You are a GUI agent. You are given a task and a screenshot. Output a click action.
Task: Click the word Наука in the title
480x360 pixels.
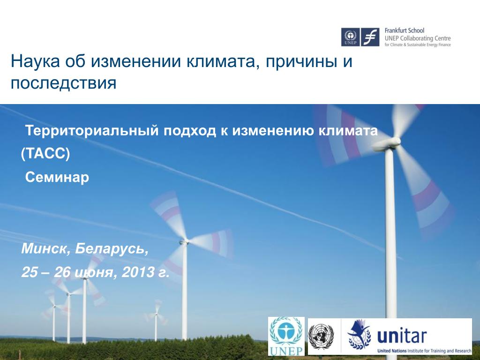pos(35,61)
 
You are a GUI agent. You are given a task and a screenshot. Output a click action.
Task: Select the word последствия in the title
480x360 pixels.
pos(64,83)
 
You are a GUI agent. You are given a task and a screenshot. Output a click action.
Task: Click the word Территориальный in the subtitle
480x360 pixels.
pos(92,131)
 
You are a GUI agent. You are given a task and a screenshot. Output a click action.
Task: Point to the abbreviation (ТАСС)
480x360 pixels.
pos(45,154)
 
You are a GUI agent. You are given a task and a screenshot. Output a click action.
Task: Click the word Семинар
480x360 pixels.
pos(57,177)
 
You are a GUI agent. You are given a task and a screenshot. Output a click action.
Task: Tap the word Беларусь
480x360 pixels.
pos(112,249)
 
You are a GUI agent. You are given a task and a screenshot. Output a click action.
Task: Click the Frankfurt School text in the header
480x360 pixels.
pos(405,30)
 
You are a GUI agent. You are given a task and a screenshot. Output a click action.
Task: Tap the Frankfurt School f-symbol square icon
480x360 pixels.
pos(370,37)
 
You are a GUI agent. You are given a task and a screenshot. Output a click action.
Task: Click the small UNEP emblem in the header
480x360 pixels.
pos(351,37)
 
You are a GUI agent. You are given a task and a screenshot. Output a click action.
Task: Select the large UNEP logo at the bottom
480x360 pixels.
pos(286,336)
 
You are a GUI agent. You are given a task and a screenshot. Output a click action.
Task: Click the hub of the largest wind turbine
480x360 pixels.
pos(394,141)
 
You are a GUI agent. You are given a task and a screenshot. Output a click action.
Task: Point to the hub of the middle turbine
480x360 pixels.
pos(185,242)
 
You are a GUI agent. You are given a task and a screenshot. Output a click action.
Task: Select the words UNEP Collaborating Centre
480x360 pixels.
pos(418,38)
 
